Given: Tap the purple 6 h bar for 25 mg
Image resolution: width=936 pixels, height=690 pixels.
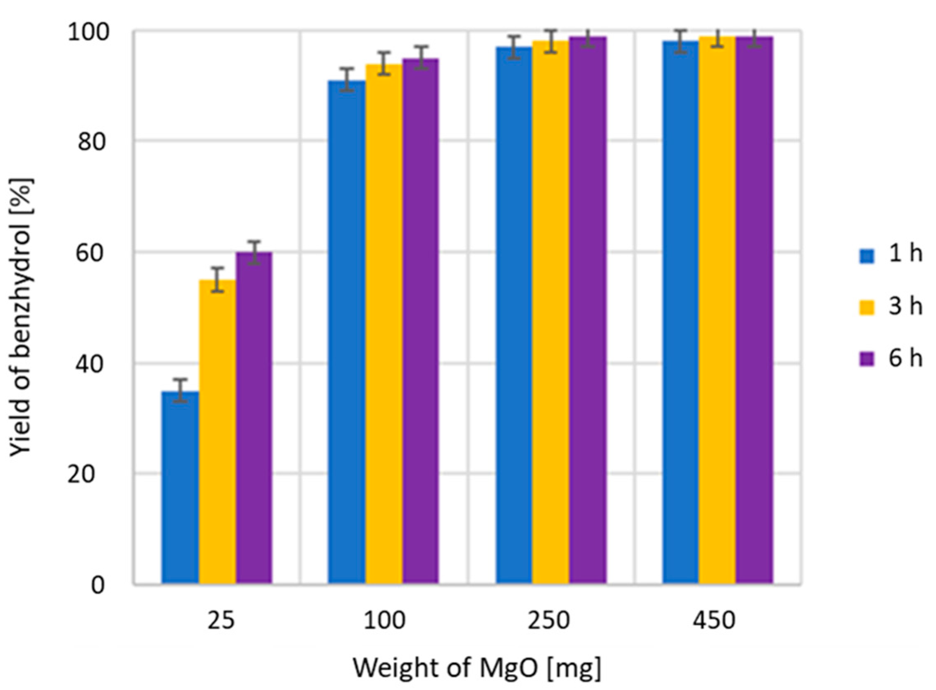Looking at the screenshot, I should click(x=254, y=418).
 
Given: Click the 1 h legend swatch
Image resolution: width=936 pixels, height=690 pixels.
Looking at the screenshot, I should click(x=867, y=256).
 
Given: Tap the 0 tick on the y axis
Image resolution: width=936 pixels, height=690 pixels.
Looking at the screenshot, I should click(x=97, y=585).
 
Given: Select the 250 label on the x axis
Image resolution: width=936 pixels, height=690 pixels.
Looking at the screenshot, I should click(x=548, y=621).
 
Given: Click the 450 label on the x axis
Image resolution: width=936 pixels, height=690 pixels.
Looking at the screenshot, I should click(x=714, y=621).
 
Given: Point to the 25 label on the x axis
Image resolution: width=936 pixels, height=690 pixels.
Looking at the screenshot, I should click(x=221, y=621).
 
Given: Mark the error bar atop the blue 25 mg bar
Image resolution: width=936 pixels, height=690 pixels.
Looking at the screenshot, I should click(x=180, y=390).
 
